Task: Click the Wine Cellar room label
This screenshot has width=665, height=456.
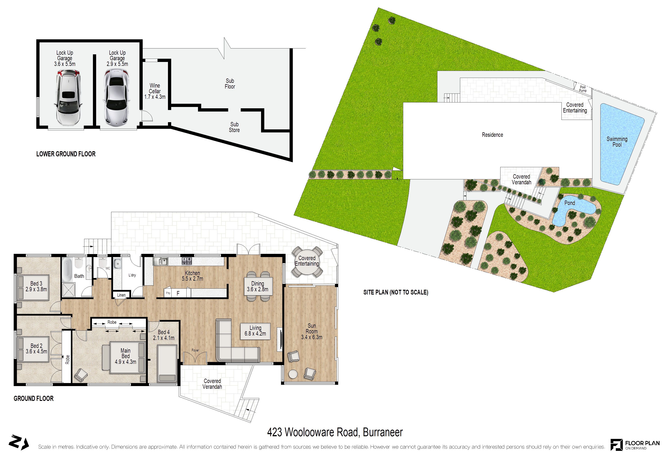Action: click(x=155, y=91)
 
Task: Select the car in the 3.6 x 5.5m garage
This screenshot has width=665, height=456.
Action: click(x=67, y=97)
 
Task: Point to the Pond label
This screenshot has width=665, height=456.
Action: click(x=569, y=203)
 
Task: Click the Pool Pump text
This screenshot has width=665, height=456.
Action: click(x=583, y=89)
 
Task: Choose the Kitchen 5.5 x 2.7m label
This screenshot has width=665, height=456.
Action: click(x=192, y=276)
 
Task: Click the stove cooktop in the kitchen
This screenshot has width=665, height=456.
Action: click(x=187, y=261)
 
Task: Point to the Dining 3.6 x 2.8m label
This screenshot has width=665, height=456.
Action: click(x=257, y=286)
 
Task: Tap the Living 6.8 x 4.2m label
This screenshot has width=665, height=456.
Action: click(x=255, y=331)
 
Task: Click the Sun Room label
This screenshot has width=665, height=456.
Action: click(x=312, y=331)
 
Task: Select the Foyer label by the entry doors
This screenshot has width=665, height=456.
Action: click(x=195, y=350)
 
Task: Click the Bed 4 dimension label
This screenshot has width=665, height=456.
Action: click(x=164, y=338)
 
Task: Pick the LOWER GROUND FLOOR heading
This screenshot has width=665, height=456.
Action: click(x=66, y=154)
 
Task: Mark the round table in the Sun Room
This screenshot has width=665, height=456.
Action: click(x=293, y=374)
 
